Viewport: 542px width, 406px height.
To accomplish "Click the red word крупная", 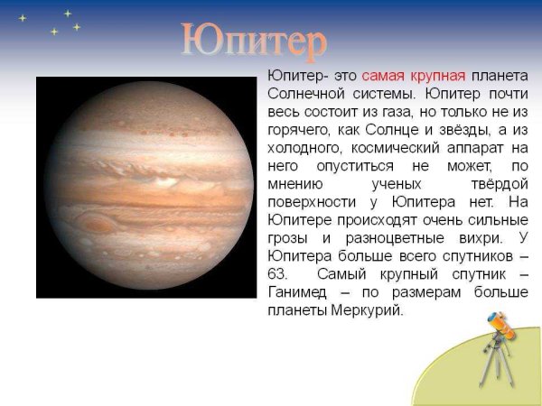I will click(x=436, y=76).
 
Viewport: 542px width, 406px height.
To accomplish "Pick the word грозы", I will click(x=287, y=238).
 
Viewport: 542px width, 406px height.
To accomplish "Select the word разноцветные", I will click(x=388, y=238).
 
